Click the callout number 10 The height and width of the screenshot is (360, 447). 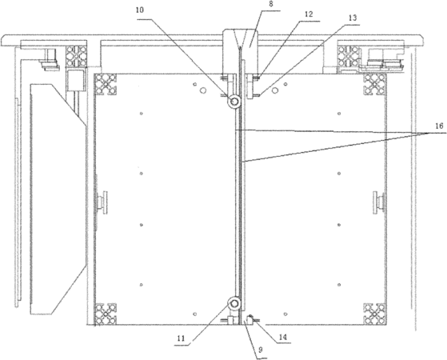[x=140, y=10]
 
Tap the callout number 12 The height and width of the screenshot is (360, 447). [x=309, y=14]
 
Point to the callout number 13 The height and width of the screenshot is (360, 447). [x=353, y=18]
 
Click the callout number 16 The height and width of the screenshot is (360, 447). [x=439, y=126]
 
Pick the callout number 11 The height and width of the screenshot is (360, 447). [x=181, y=338]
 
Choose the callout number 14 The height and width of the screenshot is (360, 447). [x=282, y=337]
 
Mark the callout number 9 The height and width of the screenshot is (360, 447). [x=260, y=350]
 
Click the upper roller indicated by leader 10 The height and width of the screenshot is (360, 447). [x=235, y=102]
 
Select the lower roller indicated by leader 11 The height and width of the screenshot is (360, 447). [x=234, y=303]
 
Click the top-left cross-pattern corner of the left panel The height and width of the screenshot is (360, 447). [x=106, y=85]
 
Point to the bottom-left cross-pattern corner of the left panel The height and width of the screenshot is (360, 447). [x=106, y=314]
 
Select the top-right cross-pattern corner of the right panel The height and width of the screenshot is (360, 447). [x=374, y=85]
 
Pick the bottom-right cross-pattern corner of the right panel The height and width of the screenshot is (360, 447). [x=374, y=314]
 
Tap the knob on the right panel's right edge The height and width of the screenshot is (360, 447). [x=378, y=202]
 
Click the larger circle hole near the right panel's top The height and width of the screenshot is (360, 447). [x=275, y=90]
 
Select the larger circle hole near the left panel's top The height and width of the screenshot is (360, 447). [x=203, y=90]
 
